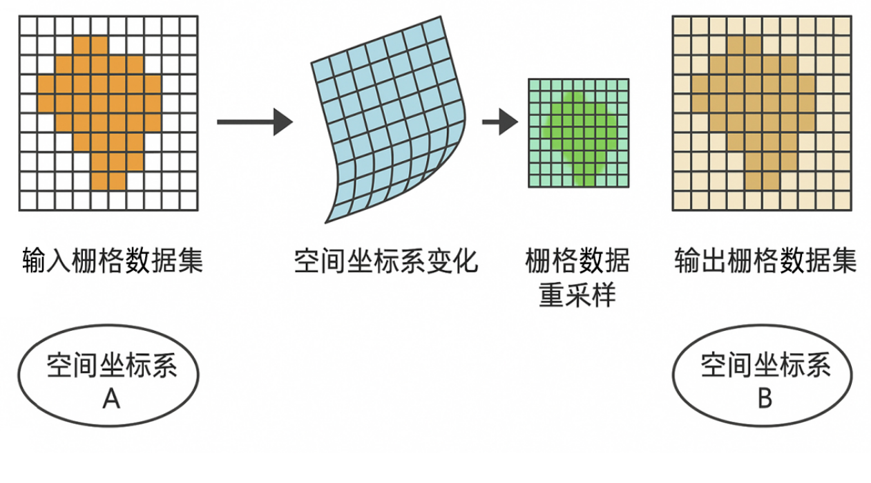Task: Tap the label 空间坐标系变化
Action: click(385, 263)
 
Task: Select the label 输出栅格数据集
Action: click(765, 263)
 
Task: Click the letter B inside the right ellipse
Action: click(764, 398)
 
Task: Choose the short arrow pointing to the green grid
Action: click(499, 123)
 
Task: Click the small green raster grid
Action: click(579, 133)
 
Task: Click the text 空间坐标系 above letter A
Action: click(111, 366)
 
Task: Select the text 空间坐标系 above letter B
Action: click(765, 366)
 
